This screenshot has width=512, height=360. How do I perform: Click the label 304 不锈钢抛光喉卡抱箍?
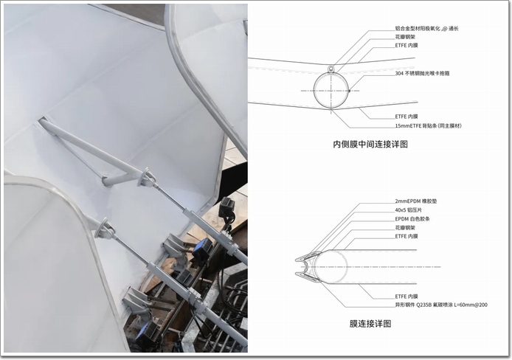pos(422,74)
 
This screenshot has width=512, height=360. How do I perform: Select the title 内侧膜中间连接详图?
pos(370,145)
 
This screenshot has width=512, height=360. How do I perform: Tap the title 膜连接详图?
pos(370,324)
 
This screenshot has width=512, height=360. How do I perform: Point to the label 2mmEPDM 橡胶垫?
pos(416,201)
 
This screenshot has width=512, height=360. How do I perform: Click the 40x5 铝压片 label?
pos(409,210)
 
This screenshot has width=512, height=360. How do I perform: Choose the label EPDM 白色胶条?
pos(412,219)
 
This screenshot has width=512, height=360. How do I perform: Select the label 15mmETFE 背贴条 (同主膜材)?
pos(429,125)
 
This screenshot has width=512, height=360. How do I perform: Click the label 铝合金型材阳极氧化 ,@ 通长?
pos(426,28)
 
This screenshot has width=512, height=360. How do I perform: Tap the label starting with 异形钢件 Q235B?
pos(441,305)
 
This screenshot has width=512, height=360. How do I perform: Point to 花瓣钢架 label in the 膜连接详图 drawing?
pos(405,228)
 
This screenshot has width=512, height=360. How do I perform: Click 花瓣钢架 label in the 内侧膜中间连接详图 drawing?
pos(405,37)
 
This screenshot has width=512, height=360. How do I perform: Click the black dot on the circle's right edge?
pos(349,91)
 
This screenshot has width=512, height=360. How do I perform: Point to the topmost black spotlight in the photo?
pos(227,207)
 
